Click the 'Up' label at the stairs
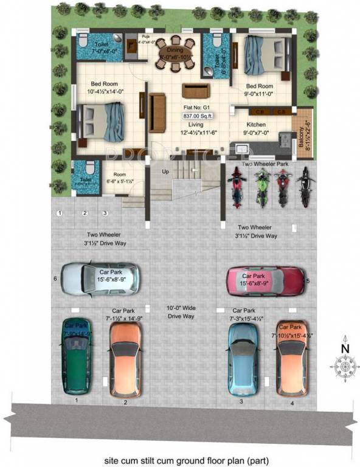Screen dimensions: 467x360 click(x=165, y=171)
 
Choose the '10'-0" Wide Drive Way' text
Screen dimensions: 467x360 click(x=182, y=313)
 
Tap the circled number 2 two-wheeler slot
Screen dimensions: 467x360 click(x=85, y=213)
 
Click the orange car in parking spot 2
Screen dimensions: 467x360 click(x=125, y=359)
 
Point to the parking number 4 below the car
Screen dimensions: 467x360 click(x=292, y=402)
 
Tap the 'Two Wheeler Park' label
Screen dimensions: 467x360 click(x=266, y=164)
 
